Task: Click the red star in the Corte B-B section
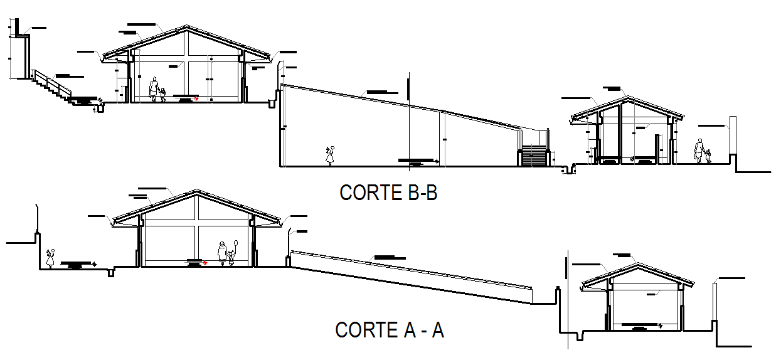pyautogui.click(x=196, y=98)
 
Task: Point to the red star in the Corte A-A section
pyautogui.click(x=205, y=263)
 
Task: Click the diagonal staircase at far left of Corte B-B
pyautogui.click(x=53, y=85)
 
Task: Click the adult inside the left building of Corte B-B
pyautogui.click(x=153, y=89)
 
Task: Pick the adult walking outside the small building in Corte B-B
pyautogui.click(x=699, y=151)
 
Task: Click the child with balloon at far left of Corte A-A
pyautogui.click(x=50, y=257)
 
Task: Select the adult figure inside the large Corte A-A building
pyautogui.click(x=222, y=252)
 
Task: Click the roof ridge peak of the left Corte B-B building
pyautogui.click(x=186, y=27)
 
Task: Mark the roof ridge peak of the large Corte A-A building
pyautogui.click(x=198, y=191)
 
